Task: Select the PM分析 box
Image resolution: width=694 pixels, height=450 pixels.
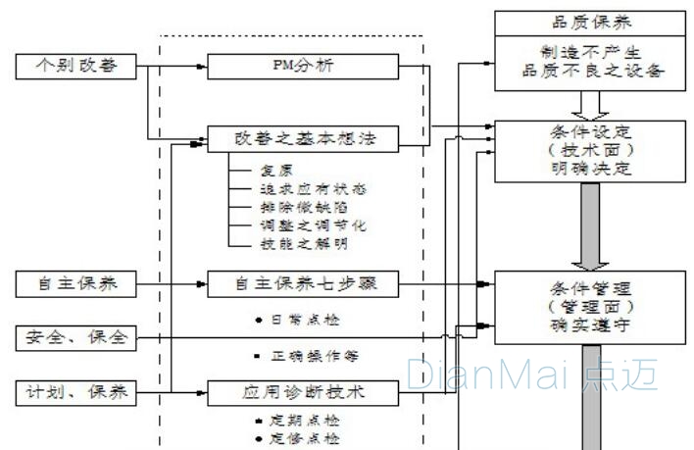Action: [x=302, y=67]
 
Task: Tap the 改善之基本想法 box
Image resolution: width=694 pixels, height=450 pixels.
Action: [x=302, y=140]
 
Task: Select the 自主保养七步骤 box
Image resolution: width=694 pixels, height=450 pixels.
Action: [x=302, y=284]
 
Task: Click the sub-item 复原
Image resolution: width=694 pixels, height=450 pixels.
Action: [x=276, y=170]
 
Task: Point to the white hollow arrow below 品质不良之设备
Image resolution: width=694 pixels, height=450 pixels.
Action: [x=591, y=102]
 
